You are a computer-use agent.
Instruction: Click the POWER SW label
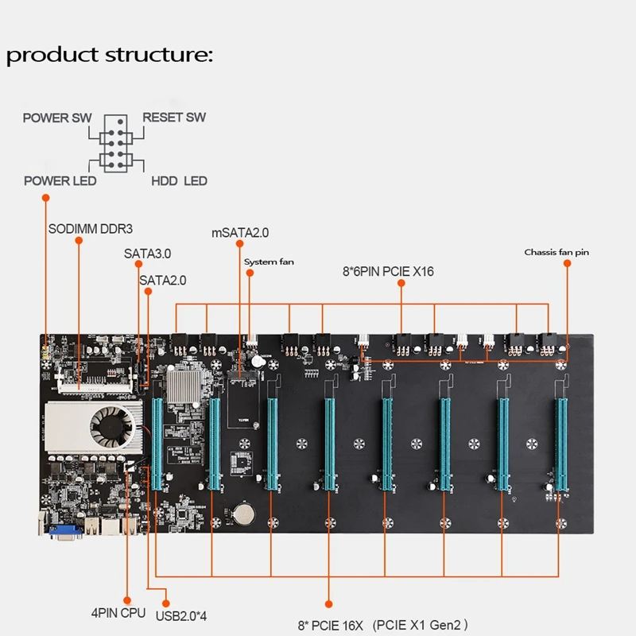pos(56,118)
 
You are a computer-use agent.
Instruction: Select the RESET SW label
pos(174,118)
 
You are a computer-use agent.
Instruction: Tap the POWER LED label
pos(60,181)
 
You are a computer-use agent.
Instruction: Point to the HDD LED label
pos(179,181)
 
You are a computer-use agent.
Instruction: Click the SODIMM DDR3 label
pos(90,229)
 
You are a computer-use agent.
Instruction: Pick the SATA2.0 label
pos(162,280)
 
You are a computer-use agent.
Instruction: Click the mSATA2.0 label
pos(240,234)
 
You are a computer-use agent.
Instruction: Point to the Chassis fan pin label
pos(556,253)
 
